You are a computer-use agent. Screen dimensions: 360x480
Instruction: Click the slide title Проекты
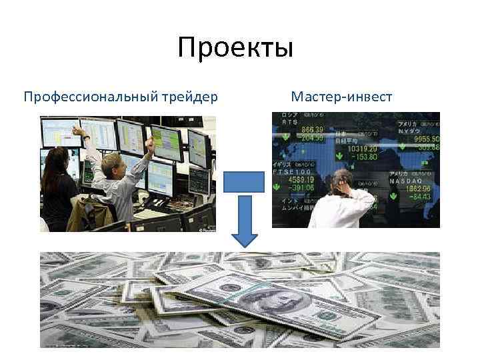(235, 49)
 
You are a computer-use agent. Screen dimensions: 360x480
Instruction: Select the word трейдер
(189, 97)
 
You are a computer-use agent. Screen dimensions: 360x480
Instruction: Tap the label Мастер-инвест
(341, 97)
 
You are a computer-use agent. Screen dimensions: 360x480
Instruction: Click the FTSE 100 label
(288, 173)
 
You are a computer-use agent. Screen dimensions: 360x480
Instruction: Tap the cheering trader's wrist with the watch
(86, 137)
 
